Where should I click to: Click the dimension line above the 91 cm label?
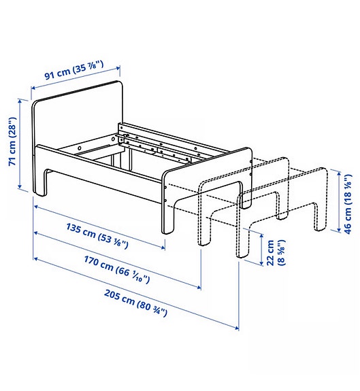[x=76, y=78]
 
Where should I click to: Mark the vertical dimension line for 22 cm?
[x=261, y=248]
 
